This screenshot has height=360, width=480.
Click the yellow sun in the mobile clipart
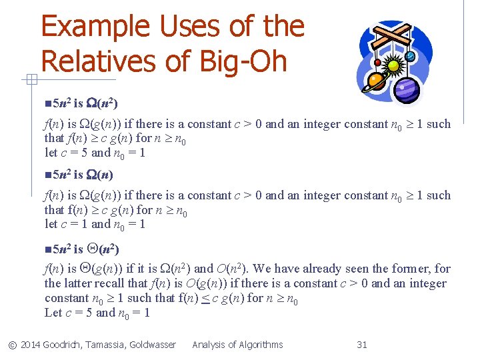click(394, 66)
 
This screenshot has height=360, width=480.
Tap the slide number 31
click(362, 345)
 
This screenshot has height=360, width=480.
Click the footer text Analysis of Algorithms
click(237, 345)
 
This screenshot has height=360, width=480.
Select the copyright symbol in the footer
click(12, 345)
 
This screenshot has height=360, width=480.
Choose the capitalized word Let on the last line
click(53, 313)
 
